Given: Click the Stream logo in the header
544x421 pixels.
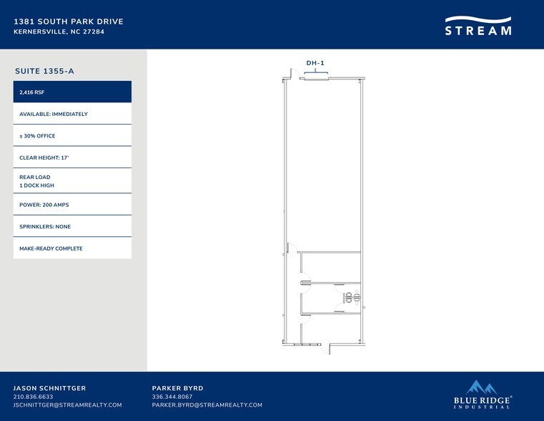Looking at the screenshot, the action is click(x=478, y=26).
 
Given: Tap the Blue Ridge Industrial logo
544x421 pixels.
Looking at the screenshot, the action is click(x=483, y=395).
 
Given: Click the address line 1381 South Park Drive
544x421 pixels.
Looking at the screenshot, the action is click(x=69, y=21).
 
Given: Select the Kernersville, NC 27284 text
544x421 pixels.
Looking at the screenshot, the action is click(x=59, y=32).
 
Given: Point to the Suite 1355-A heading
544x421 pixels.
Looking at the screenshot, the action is click(x=44, y=71).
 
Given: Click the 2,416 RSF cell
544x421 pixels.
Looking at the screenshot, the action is click(x=72, y=92).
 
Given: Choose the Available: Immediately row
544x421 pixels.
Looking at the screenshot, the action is click(x=72, y=114).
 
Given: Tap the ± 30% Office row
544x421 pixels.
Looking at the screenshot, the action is click(x=72, y=136).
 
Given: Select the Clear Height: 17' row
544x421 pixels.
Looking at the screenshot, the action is click(x=72, y=158).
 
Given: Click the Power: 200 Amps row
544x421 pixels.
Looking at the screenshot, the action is click(x=72, y=205).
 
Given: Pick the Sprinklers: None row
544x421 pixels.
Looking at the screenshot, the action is click(x=72, y=226).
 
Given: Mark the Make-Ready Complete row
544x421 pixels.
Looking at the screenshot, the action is click(x=72, y=248).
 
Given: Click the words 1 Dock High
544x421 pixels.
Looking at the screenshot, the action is click(x=36, y=185).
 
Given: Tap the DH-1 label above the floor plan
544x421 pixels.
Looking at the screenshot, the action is click(x=315, y=63).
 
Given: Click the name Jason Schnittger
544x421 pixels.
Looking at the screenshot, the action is click(x=49, y=388).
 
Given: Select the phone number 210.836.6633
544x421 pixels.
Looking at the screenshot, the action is click(x=34, y=397).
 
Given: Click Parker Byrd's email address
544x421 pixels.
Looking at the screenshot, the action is click(x=207, y=405).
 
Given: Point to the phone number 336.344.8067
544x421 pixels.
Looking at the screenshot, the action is click(x=172, y=397).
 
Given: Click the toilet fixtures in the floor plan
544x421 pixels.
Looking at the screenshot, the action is click(x=352, y=298).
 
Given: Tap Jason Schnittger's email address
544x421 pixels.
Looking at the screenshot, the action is click(x=68, y=405).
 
